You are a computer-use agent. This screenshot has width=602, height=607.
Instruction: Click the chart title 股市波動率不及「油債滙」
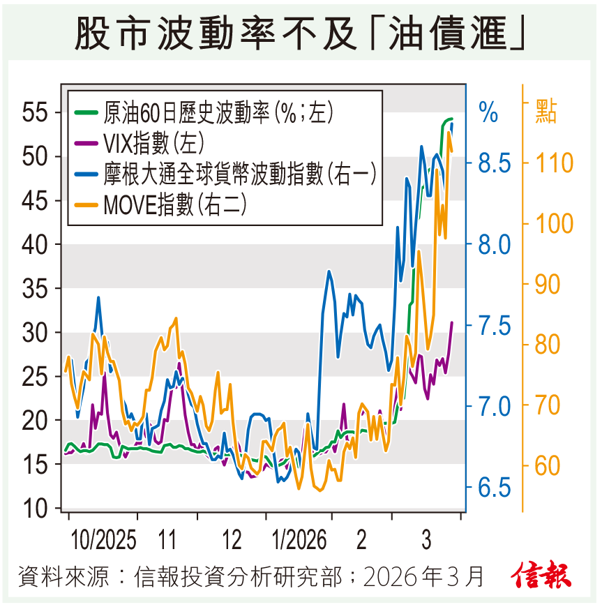300,33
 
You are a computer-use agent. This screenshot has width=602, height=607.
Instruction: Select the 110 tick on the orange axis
555,163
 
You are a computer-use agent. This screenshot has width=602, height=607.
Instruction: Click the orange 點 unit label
546,112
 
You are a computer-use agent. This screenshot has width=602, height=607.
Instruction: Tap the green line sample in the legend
87,112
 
